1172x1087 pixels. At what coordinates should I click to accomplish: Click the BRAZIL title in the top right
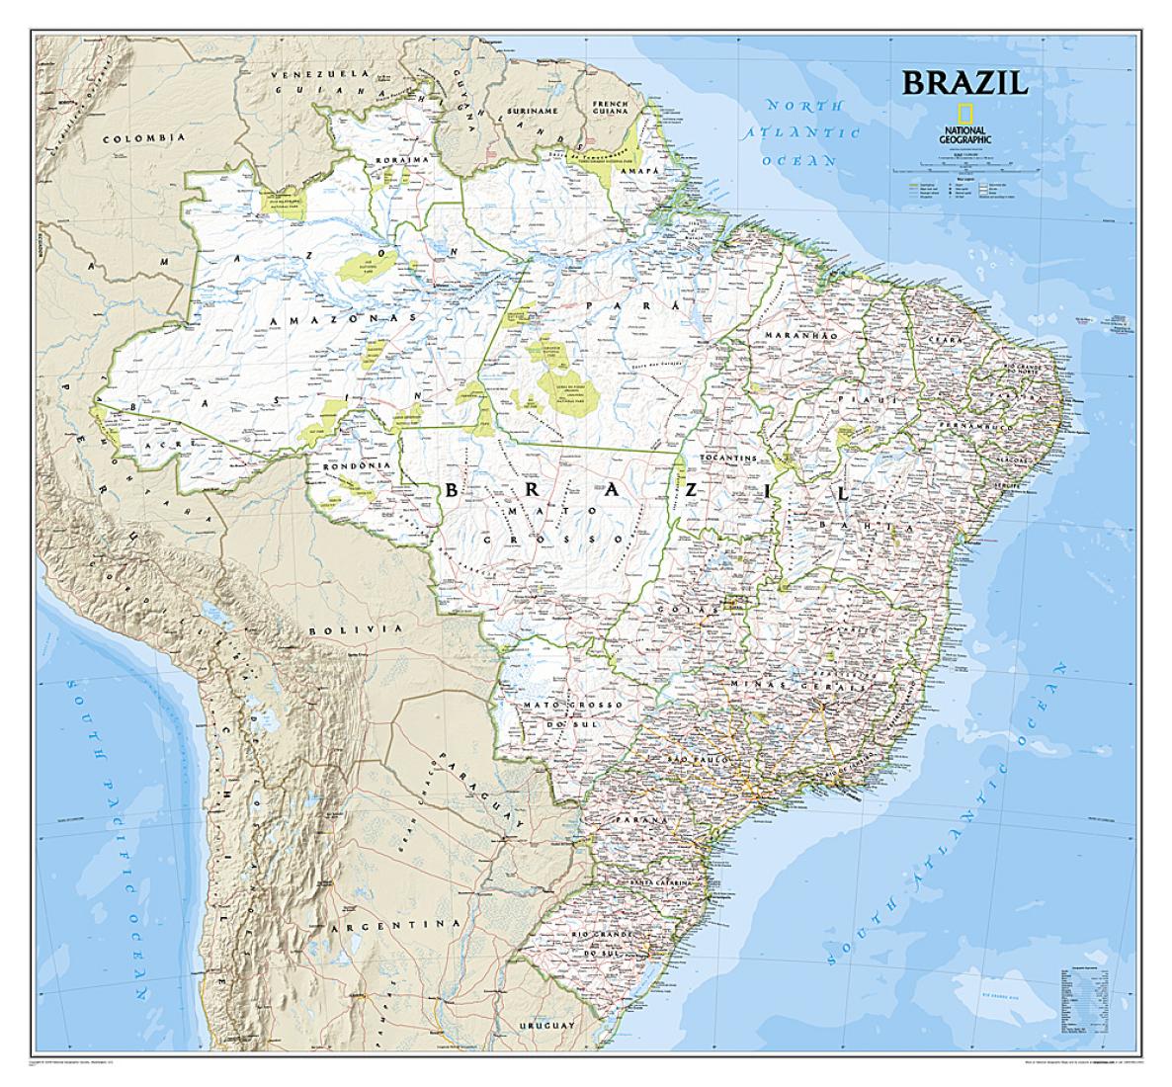click(x=963, y=82)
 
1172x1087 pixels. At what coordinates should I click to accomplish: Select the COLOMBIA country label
click(x=145, y=138)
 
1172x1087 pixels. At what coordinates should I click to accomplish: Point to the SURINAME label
click(x=532, y=111)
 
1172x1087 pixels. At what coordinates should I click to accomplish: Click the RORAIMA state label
click(x=396, y=158)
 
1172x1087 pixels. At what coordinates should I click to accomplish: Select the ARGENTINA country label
click(x=395, y=926)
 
